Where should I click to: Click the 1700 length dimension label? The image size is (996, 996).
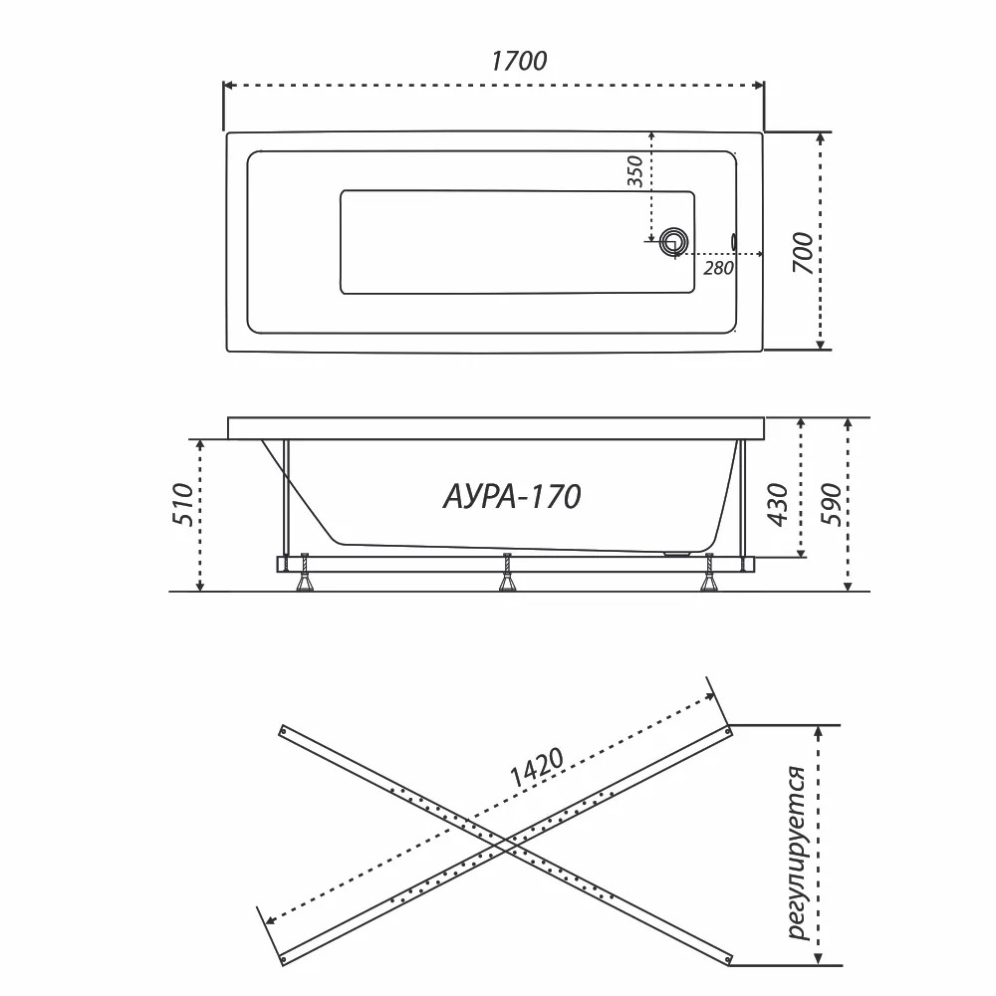tap(518, 61)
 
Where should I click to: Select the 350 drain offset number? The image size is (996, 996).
tap(634, 171)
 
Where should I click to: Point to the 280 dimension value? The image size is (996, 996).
tap(718, 269)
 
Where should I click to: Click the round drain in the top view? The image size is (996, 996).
tap(673, 241)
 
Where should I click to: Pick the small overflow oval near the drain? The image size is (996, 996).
tap(735, 241)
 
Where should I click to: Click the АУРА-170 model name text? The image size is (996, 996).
tap(512, 497)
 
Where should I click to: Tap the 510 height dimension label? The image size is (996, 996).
tap(183, 504)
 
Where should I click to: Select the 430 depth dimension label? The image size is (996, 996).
tap(778, 505)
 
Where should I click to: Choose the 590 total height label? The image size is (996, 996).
tap(831, 505)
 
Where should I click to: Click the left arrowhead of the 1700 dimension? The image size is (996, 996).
tap(229, 85)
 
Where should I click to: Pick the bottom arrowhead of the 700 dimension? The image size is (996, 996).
tap(821, 344)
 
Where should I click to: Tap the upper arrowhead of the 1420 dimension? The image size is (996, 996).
tap(709, 697)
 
